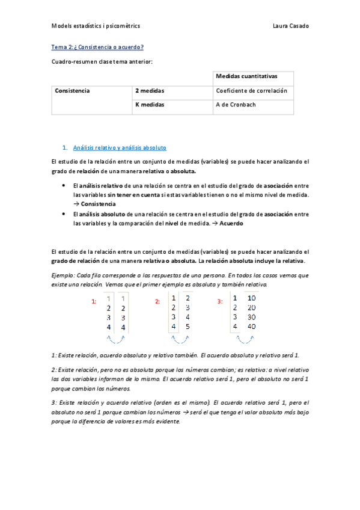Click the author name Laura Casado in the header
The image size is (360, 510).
(291, 26)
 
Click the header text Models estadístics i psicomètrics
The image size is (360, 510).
(96, 26)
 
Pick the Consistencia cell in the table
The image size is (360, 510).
(72, 91)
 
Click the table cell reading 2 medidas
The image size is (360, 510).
(150, 91)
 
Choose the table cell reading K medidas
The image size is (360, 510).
(150, 105)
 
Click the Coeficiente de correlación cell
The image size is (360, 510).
(251, 91)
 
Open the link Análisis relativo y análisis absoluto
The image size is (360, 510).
(119, 147)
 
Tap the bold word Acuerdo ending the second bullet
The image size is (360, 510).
(231, 223)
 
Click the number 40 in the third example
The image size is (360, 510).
(251, 327)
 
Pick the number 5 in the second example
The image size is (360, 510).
(188, 327)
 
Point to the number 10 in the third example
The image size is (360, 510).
(251, 298)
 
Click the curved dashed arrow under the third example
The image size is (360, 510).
(242, 339)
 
